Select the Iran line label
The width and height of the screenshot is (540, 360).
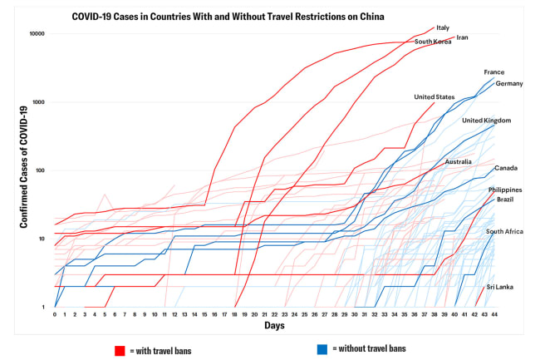463,37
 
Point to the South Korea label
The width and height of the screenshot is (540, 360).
433,42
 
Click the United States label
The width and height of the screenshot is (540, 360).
434,96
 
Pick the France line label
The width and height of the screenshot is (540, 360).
493,72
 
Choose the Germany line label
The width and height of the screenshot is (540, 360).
508,84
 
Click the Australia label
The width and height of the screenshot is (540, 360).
459,161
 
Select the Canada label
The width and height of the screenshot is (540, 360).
506,168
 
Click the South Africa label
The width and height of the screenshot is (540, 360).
504,231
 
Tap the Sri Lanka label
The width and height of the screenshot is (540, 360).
499,287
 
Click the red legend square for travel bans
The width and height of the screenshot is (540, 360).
119,350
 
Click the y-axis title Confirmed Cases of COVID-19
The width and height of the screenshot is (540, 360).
24,171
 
